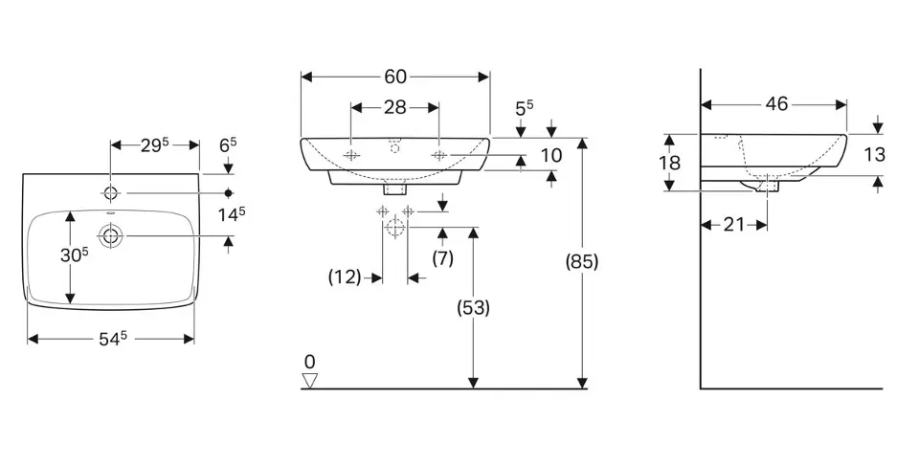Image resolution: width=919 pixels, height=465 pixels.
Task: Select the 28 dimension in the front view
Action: [395, 107]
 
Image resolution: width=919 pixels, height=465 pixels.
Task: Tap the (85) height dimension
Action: [582, 261]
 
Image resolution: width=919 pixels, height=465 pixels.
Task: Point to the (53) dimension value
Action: [473, 307]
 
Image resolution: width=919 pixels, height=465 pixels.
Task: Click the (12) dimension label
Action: [346, 277]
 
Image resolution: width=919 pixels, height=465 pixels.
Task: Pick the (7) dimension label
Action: [442, 257]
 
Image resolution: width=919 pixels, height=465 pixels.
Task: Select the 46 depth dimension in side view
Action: [776, 104]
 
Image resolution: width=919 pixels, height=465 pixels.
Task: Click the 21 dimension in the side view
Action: [734, 224]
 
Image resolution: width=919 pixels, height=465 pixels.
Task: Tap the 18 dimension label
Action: [670, 163]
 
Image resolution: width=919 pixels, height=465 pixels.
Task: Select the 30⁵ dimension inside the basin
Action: [73, 255]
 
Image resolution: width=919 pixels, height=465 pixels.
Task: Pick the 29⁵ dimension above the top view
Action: [153, 145]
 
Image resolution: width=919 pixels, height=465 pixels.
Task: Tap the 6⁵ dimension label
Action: [229, 145]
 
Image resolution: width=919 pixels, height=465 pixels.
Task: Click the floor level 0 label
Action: [308, 361]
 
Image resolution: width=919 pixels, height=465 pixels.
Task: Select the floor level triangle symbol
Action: [309, 381]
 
